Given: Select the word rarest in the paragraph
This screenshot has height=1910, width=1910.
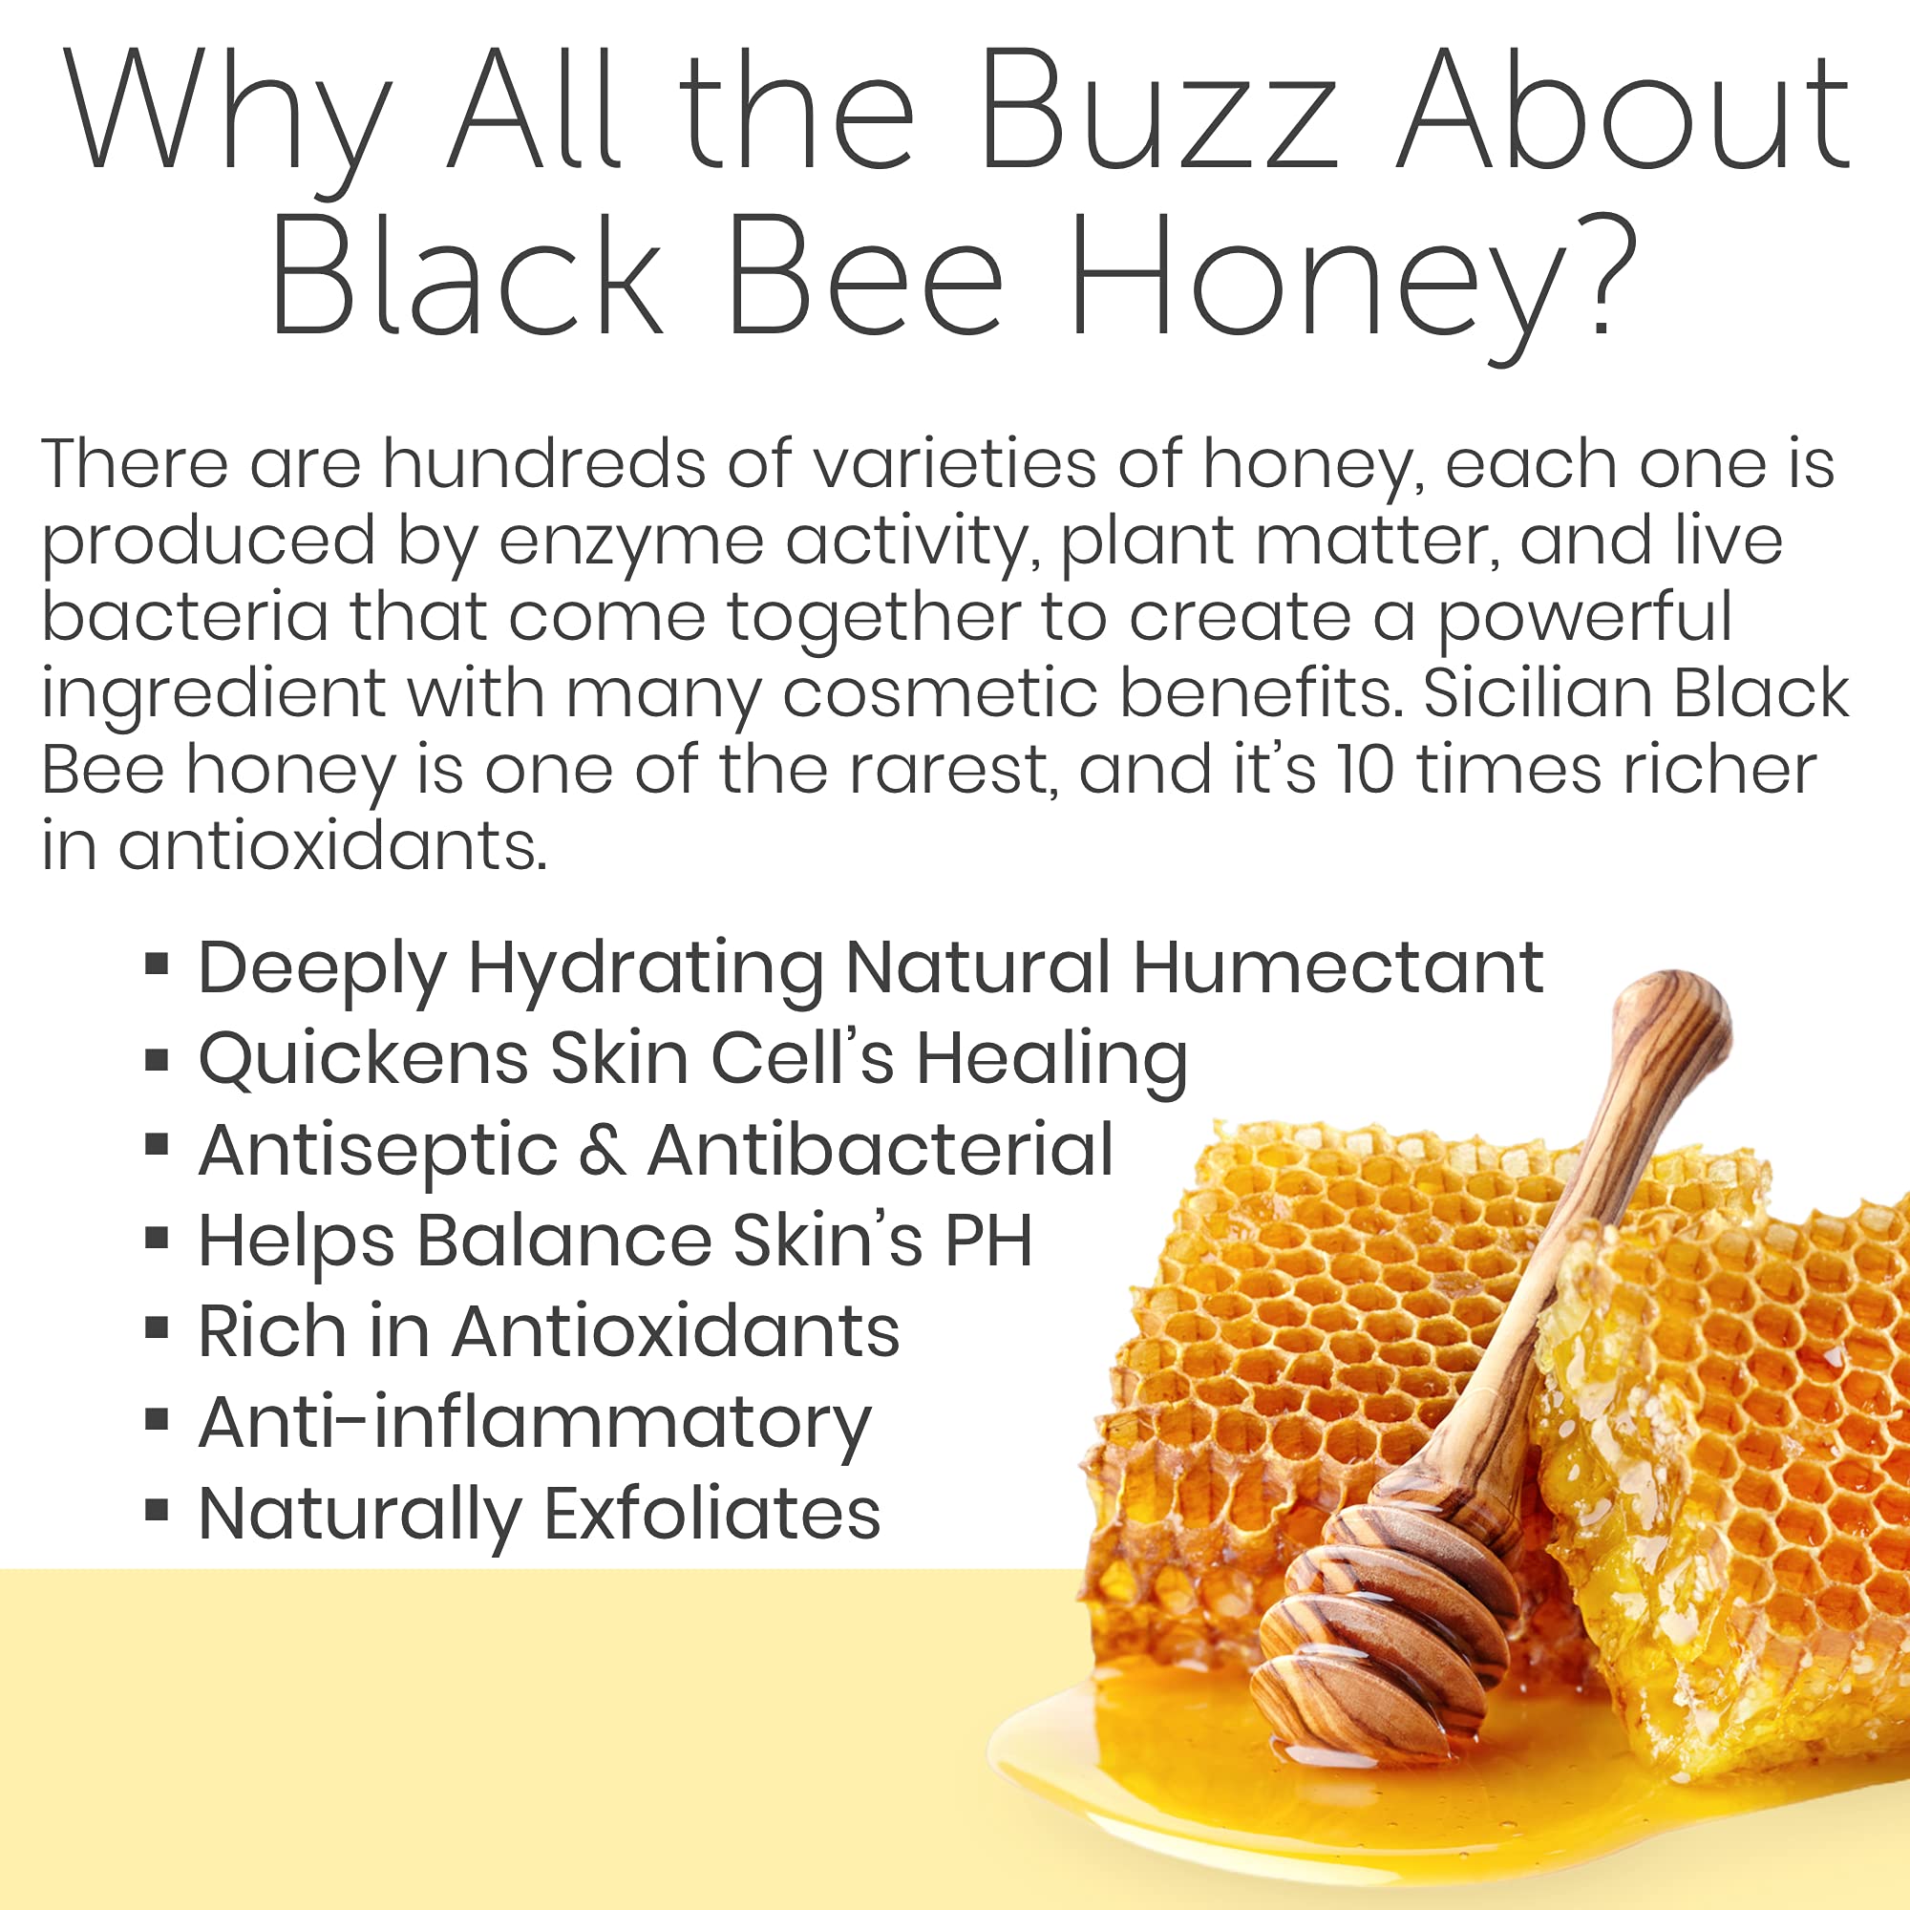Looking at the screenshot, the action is (x=950, y=771).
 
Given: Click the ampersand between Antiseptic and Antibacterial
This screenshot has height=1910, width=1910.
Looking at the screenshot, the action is (x=602, y=1151).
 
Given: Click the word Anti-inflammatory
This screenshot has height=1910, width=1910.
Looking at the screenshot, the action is (x=535, y=1424).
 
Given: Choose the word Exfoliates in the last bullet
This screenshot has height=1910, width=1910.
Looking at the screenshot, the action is (x=711, y=1514).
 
